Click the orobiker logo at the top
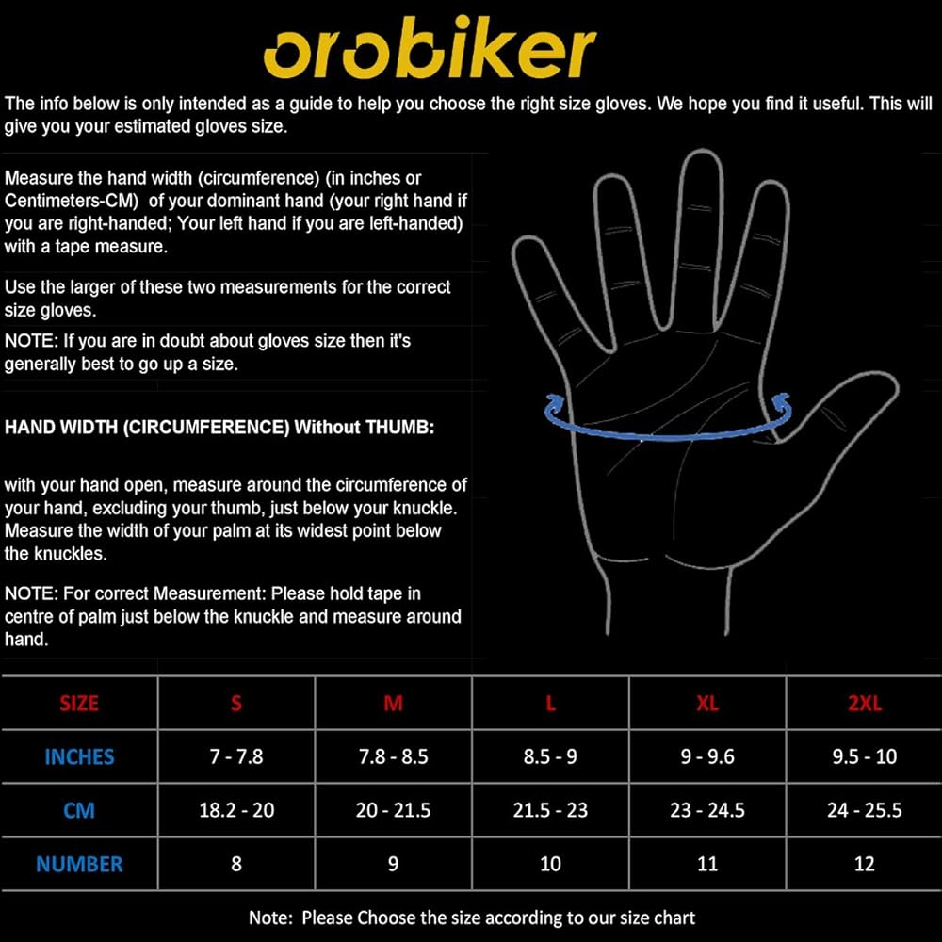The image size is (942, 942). coord(429,47)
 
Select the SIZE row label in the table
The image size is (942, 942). coord(79,703)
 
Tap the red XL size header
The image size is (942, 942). coord(707,703)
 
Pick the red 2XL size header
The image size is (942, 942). coord(865,703)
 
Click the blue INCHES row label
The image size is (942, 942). coord(79,757)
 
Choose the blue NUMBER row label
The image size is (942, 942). coord(79,864)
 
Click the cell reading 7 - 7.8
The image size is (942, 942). coord(236,756)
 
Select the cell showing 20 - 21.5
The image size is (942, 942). coord(393,810)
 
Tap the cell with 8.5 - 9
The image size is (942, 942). coord(550,756)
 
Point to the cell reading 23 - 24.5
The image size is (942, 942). coord(707,810)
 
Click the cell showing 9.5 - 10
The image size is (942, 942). coord(865,756)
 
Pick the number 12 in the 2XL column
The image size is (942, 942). coord(865,864)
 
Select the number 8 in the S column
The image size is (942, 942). coord(236,864)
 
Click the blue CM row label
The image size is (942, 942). coord(79,810)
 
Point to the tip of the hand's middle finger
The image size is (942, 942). coord(701,151)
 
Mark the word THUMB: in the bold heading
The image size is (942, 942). coord(399,427)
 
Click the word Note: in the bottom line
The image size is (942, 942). coord(270,918)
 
